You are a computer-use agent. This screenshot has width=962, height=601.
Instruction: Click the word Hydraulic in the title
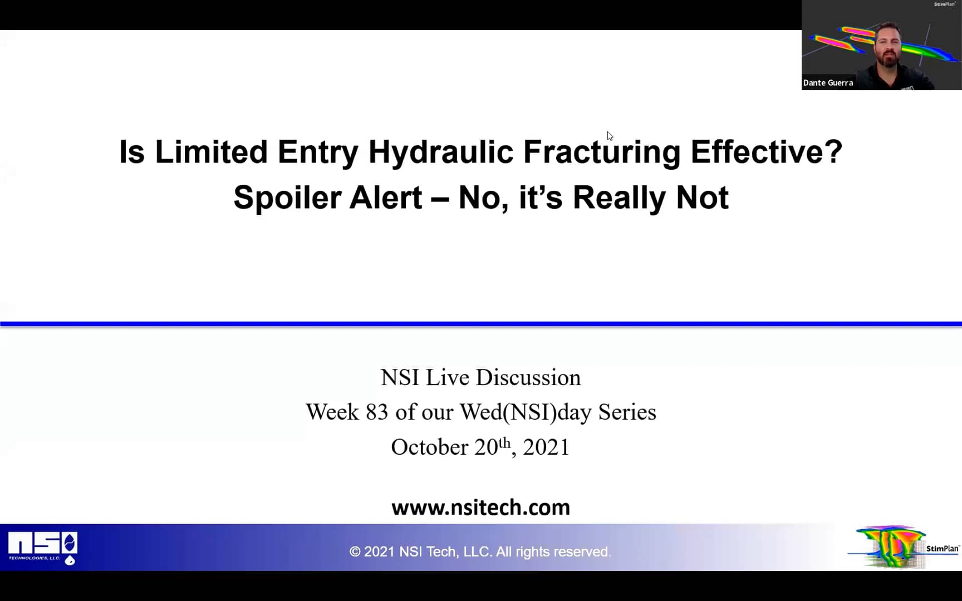[440, 152]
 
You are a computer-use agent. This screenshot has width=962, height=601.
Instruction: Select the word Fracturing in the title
[601, 152]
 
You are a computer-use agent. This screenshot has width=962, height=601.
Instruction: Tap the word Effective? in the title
[766, 152]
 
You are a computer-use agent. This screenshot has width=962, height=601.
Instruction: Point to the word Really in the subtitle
[619, 198]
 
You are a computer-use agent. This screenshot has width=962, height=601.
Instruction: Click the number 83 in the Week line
[376, 412]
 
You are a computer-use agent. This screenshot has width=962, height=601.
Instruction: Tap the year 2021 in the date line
[546, 447]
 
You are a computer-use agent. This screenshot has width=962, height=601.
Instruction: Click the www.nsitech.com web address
[480, 508]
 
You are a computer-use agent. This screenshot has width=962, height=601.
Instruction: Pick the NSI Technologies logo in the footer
[43, 548]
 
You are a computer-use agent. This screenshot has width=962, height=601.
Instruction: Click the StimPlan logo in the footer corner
[905, 548]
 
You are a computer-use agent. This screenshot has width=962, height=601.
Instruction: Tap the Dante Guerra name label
[828, 83]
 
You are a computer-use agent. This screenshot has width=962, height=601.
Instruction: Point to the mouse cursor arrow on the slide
[610, 136]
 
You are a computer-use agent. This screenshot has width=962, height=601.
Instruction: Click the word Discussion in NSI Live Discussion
[528, 378]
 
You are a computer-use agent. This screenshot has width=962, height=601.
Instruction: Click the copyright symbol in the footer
[355, 552]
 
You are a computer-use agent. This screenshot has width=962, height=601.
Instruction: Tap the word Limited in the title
[211, 152]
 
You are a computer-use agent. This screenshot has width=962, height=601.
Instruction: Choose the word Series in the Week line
[627, 412]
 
